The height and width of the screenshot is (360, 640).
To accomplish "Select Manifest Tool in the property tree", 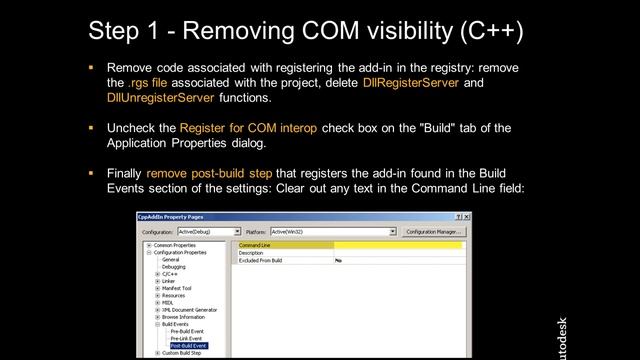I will click(176, 288).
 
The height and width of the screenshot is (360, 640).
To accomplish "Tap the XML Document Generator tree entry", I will click(189, 309).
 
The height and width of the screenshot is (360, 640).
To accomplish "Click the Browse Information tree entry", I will click(185, 316).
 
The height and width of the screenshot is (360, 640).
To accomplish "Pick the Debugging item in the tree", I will click(174, 267).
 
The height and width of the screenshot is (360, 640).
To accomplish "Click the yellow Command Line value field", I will click(398, 245).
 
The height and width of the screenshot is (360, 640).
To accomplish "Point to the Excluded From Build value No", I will click(339, 260).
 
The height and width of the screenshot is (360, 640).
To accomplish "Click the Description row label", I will click(251, 253).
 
